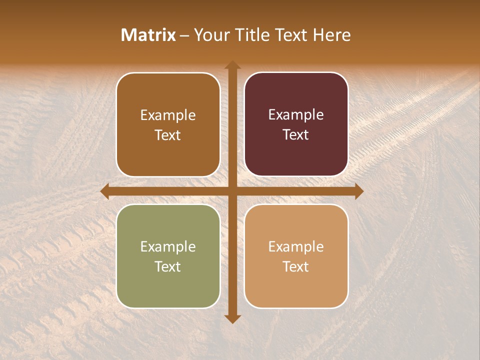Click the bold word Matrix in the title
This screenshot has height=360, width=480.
(148, 35)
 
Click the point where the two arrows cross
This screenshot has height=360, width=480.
(232, 191)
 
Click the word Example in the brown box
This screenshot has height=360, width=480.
(168, 115)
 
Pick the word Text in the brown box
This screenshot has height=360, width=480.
(168, 135)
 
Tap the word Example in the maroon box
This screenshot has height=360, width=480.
(296, 115)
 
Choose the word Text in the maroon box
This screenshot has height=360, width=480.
(296, 134)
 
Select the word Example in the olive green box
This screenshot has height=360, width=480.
(168, 247)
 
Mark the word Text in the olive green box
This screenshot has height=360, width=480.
(168, 266)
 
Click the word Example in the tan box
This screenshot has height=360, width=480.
(296, 247)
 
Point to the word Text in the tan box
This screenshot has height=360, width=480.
(296, 266)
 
